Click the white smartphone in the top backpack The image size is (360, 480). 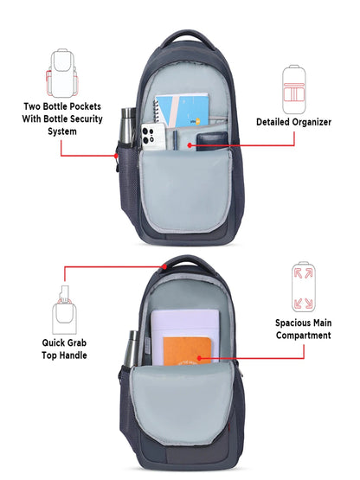coord(153,137)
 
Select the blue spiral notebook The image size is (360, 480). coord(182,111)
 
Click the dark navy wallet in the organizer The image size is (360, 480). coord(212,140)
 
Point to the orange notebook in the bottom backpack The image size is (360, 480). coord(187,351)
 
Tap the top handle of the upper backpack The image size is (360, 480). coord(187,39)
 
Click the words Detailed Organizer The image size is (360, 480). coord(293,122)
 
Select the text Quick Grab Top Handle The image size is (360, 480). coord(64,349)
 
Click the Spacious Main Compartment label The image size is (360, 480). coord(304,330)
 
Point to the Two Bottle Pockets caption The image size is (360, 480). coord(62,118)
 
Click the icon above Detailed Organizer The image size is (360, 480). coord(294,90)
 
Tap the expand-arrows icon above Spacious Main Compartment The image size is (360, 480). coord(304,287)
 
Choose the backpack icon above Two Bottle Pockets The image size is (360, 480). coord(62,73)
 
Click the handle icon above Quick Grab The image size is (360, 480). coord(64,310)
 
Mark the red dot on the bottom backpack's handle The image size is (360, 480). coord(164,266)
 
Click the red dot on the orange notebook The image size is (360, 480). coord(199,358)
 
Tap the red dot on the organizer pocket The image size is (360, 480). coord(190,145)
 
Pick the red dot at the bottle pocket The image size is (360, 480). coord(116,156)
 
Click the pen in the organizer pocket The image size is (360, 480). coord(176,140)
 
